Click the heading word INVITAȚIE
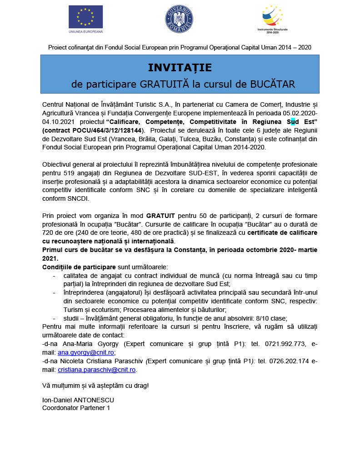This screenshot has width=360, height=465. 180,68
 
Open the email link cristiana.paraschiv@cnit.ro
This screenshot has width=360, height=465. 97,370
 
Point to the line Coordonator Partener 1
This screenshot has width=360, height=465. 76,408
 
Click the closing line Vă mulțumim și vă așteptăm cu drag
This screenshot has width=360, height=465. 95,386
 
